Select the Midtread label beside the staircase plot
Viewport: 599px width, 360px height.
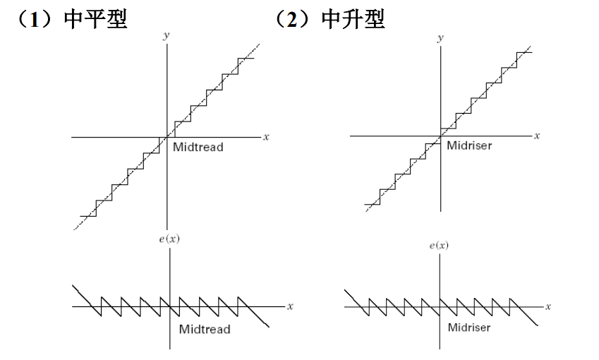(x=198, y=148)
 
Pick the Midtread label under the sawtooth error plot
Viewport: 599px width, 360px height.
(x=204, y=330)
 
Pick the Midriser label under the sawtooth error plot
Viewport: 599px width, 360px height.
(x=471, y=328)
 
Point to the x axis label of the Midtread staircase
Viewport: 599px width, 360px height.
(x=266, y=136)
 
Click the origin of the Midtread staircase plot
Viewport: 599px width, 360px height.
(x=167, y=136)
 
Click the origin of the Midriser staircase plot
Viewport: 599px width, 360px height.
(x=440, y=134)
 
